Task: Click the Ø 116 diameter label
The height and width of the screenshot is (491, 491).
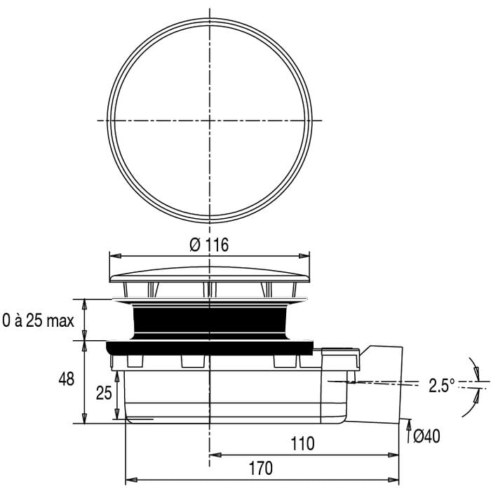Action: tap(209, 245)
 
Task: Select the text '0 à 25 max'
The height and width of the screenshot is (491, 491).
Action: tap(38, 321)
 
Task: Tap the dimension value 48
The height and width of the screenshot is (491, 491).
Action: tap(67, 379)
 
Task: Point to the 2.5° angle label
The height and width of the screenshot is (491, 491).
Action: tap(441, 385)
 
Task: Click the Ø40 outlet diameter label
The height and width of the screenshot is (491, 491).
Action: tap(426, 436)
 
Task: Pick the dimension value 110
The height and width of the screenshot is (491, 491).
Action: tap(302, 444)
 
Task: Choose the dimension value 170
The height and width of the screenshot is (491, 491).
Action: tap(260, 469)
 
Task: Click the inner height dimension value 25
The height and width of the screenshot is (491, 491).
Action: tap(104, 393)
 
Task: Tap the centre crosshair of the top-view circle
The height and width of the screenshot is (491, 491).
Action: tap(210, 120)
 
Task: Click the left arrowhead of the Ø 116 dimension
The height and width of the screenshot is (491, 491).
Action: tap(115, 256)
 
